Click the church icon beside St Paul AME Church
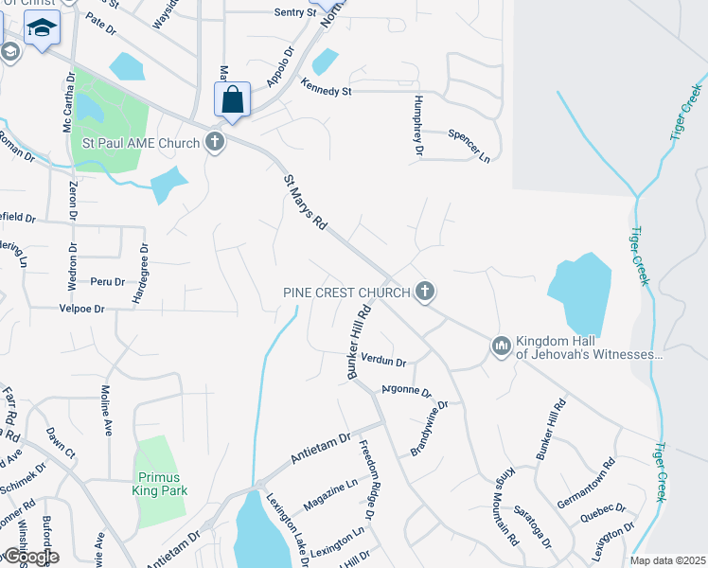pos(215,144)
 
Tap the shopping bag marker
pos(232,99)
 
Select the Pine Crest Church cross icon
pos(425,293)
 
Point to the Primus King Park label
pos(160,484)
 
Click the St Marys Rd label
pos(305,203)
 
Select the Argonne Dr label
pos(406,390)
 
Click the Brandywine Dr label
pos(428,429)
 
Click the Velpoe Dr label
pos(81,308)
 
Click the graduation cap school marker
pos(42,29)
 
